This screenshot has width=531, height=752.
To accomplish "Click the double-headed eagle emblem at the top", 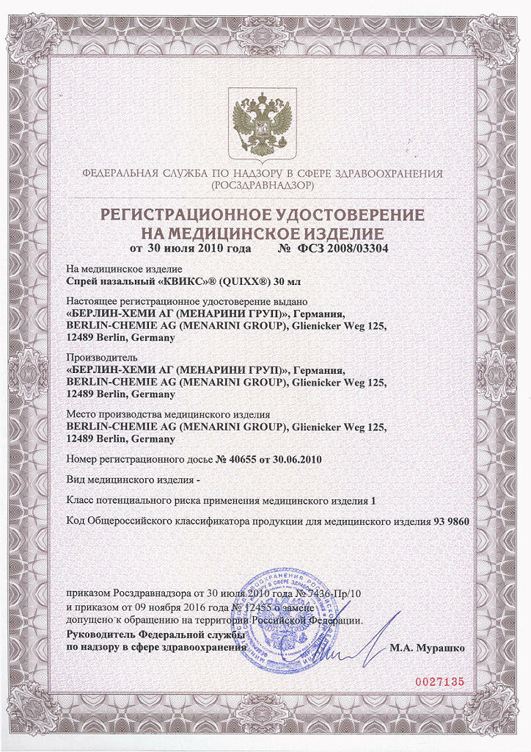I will (263, 123).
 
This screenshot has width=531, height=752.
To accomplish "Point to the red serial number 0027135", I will (440, 681).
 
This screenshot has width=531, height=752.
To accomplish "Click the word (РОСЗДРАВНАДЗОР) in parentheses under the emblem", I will (262, 187).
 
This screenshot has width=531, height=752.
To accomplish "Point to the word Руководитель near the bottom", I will (100, 634).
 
